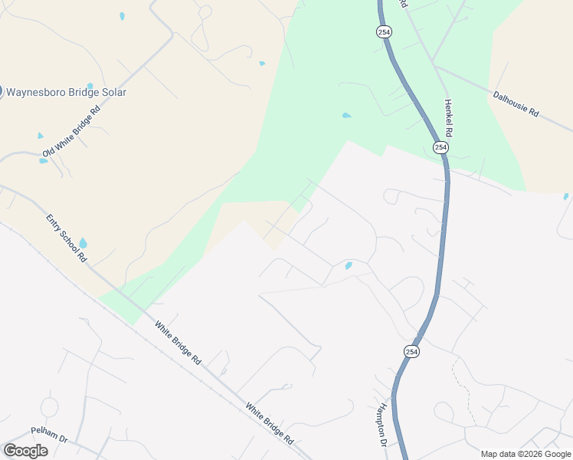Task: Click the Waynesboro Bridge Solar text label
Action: coord(67,92)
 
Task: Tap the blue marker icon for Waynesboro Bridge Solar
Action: coord(2,92)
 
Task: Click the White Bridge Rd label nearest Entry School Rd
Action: coord(177,343)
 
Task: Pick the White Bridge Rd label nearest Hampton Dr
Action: coord(269,424)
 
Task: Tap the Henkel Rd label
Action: coord(449,117)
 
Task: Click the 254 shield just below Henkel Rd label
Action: coord(440,146)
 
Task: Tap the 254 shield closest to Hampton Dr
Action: coord(411,350)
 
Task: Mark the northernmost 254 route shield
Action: coord(384,31)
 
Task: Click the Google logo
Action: coord(25,450)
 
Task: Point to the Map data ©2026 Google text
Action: coord(525,454)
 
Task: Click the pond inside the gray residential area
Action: coord(349,266)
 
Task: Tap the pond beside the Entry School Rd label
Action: coord(83,244)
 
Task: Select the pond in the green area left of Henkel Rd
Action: coord(346,116)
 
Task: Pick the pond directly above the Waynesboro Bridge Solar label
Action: coord(90,86)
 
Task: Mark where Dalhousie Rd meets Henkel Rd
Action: coord(436,66)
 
